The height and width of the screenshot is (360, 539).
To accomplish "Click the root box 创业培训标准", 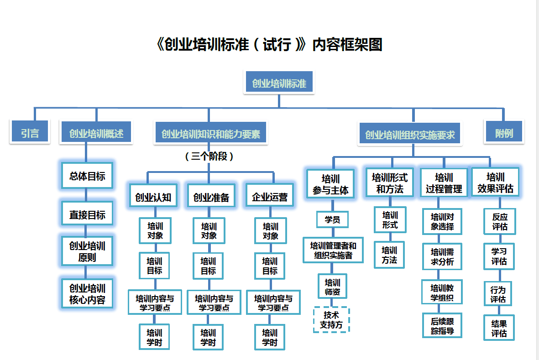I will point(279,83).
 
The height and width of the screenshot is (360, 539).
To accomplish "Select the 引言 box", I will point(30,133).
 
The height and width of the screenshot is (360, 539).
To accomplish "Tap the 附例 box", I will point(504,133).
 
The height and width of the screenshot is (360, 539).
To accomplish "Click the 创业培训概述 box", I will point(96,133).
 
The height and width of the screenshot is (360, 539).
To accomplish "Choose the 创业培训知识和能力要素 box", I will point(210,134).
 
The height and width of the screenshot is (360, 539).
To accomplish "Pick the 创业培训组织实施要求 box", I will point(410,135).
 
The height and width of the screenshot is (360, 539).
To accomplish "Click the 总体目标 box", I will point(87,176).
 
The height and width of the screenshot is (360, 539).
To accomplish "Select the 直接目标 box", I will point(87,214).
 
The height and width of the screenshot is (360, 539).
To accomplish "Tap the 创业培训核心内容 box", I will point(87,294).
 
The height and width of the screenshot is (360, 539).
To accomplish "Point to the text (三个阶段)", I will point(209,157).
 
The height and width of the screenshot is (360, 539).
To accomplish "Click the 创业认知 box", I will point(153,197).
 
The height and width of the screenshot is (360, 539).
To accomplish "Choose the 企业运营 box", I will point(270,197).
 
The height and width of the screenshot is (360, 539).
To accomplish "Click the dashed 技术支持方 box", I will point(332,320).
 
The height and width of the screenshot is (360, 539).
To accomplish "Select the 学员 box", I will point(332,219).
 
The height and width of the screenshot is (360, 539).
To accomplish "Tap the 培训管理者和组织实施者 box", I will point(333,250).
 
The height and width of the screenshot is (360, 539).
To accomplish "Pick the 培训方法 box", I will point(389,255).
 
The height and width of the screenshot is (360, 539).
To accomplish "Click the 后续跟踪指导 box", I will point(442,325).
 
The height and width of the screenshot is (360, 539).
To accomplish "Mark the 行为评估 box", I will point(498,294).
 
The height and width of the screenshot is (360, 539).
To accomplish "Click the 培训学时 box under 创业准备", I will point(208,337).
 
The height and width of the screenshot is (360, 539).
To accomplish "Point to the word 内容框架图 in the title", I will point(347,44).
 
